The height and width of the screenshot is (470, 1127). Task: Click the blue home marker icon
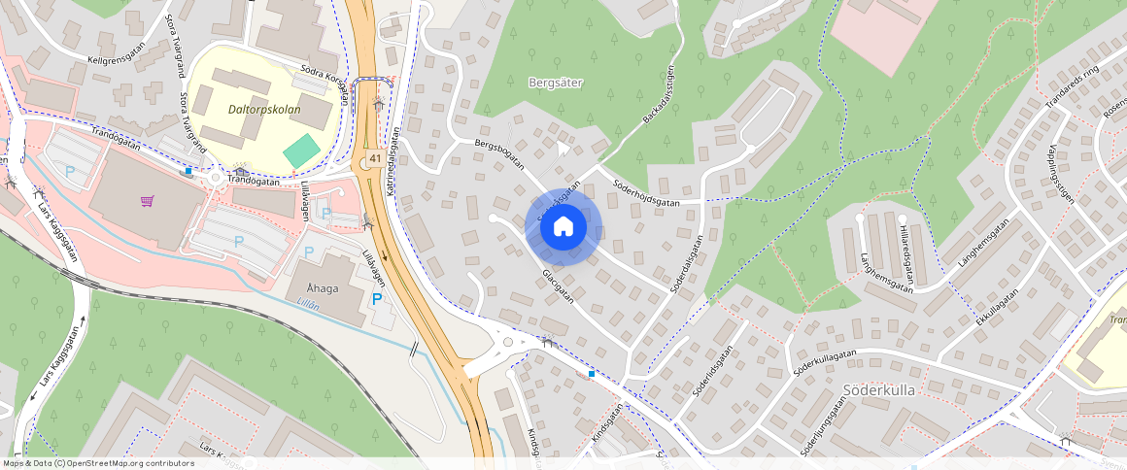coord(563,227)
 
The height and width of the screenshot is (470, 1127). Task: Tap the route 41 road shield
coord(374,158)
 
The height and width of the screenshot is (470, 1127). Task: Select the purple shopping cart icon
coord(147,201)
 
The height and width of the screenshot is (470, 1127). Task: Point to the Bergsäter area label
coord(555,83)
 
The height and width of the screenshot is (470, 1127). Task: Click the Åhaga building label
coord(323,288)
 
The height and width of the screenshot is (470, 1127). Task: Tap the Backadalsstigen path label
coord(658,95)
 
